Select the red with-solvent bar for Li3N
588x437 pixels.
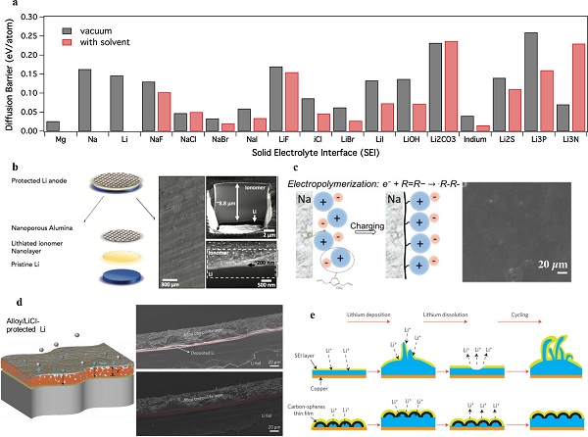point(578,88)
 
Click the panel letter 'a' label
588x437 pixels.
point(7,6)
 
